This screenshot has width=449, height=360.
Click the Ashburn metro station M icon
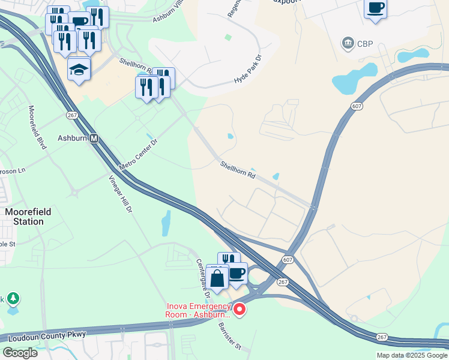point(94,139)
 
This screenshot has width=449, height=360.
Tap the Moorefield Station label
point(25,217)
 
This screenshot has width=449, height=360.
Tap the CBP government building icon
point(347,44)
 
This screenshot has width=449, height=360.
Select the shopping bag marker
point(217,277)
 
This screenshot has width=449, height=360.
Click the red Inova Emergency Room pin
point(240,310)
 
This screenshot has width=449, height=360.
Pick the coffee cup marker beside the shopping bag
point(237,274)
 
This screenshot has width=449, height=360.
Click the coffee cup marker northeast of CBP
point(375,8)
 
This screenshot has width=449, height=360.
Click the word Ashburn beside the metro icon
point(72,138)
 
